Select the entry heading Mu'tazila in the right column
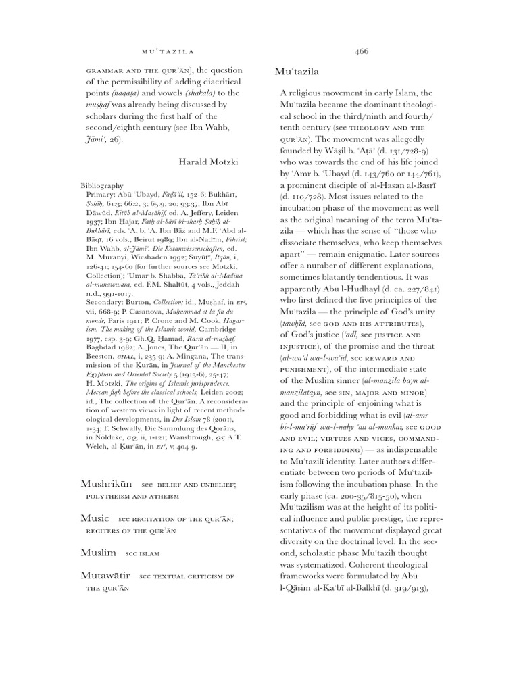[297, 71]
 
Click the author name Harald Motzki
[209, 162]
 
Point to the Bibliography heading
[102, 184]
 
